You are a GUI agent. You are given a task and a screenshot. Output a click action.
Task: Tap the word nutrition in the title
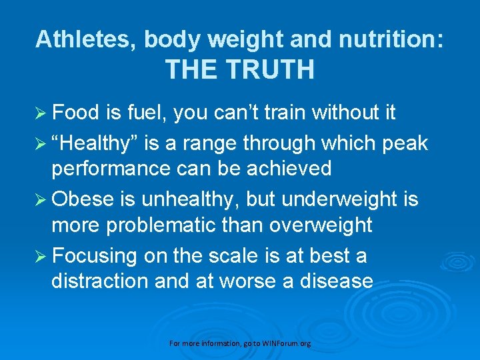[x=391, y=39]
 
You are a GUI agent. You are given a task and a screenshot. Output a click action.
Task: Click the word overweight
[x=321, y=225]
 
